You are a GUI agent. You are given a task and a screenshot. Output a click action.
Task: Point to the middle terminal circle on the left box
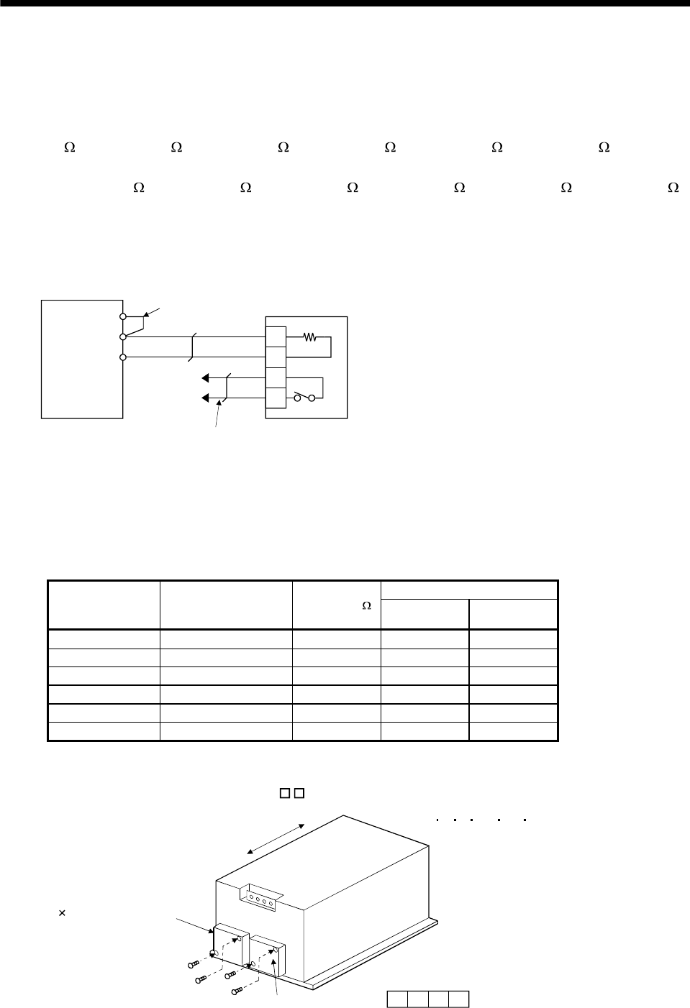123,336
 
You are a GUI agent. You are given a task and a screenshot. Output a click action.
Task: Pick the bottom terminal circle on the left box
123,357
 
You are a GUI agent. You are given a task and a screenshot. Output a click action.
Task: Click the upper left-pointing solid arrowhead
205,377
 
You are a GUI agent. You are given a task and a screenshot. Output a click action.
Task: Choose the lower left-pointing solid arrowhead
205,398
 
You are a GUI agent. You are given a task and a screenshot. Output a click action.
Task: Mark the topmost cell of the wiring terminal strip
276,336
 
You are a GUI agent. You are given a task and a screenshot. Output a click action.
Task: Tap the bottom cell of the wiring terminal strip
276,398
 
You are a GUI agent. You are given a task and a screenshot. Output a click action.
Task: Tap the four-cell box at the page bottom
428,999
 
